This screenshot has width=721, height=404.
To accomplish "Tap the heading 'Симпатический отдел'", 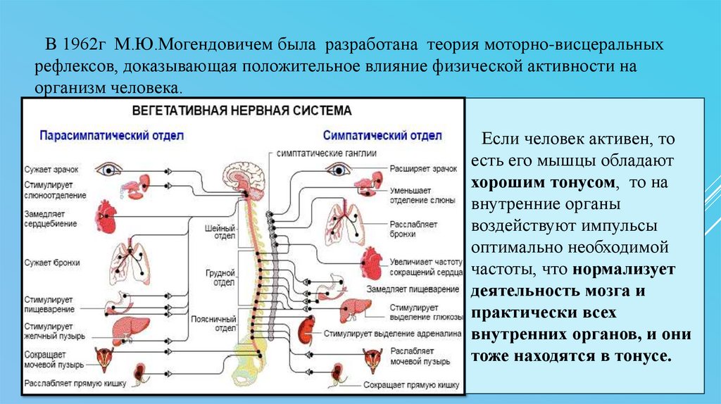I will click(x=382, y=134).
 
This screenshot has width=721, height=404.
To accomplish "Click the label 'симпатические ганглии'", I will click(x=327, y=152).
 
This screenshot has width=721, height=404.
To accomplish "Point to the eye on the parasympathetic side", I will click(x=110, y=170).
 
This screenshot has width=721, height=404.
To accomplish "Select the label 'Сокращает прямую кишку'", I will click(x=411, y=385).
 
